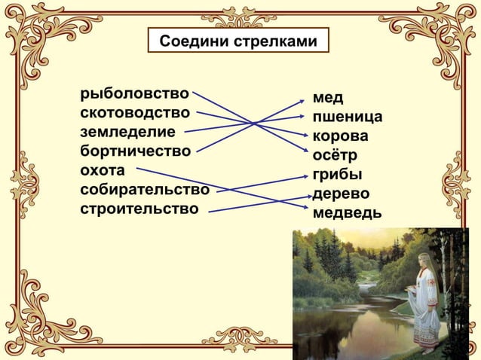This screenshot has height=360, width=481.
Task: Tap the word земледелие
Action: tap(127, 133)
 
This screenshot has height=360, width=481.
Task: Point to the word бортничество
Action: tap(136, 151)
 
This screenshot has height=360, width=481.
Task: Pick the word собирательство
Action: tap(145, 188)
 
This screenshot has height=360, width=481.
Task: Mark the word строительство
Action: tap(140, 207)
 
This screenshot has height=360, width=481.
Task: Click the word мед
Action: tap(328, 99)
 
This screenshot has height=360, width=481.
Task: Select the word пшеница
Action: tap(347, 117)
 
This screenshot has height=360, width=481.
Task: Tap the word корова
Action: tap(341, 137)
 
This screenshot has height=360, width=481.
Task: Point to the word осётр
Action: tap(335, 156)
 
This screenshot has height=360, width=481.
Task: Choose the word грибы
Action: tap(336, 175)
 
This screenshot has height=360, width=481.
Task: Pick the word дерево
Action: tap(341, 194)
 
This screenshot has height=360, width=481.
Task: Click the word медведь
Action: tap(347, 213)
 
